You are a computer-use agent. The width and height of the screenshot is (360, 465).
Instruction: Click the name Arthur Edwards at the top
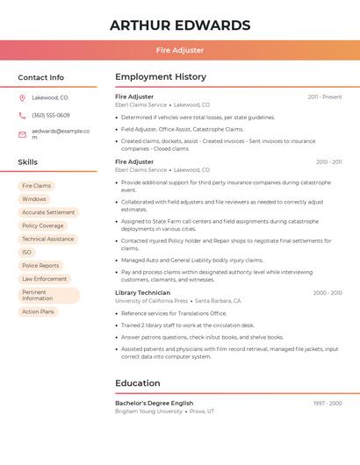click(180, 25)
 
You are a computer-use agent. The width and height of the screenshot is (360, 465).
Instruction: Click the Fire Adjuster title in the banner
click(180, 50)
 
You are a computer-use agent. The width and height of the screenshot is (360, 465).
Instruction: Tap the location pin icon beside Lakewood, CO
click(22, 97)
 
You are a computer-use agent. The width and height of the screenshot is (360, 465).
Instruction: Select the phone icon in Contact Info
click(22, 115)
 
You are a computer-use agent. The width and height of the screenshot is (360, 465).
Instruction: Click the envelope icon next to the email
click(22, 133)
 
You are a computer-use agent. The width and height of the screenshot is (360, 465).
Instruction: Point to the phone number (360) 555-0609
click(51, 115)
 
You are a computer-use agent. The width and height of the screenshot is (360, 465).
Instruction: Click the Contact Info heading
click(41, 77)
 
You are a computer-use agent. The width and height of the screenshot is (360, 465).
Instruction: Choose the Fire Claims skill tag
click(37, 186)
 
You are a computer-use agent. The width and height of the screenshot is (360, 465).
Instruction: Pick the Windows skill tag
click(34, 199)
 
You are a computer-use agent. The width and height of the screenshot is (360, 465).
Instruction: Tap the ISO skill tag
click(27, 252)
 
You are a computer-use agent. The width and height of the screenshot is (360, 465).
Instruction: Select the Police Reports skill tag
click(40, 265)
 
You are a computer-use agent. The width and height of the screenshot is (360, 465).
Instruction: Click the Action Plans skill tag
click(38, 311)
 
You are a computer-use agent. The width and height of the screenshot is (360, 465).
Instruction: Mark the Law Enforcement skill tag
click(45, 279)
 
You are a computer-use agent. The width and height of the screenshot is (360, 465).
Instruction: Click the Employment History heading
click(161, 77)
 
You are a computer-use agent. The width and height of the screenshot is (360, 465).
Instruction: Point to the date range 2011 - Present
click(325, 97)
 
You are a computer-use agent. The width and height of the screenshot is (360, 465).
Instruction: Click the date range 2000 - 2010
click(328, 292)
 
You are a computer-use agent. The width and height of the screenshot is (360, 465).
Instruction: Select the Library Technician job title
click(142, 292)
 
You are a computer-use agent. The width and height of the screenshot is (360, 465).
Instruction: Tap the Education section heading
click(138, 383)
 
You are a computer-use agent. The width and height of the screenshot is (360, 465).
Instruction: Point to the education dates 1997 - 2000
click(328, 403)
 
